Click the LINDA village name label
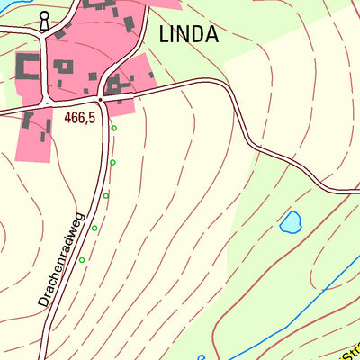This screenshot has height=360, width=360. click(188, 35)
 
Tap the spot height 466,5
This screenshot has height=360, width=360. click(79, 118)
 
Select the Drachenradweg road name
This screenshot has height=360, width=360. click(61, 260)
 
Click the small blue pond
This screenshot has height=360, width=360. click(290, 221)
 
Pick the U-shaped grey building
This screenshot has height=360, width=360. click(27, 67)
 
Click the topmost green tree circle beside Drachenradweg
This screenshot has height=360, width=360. click(113, 129)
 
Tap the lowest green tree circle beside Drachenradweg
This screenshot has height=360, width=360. click(82, 260)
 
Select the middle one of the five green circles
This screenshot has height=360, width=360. click(106, 195)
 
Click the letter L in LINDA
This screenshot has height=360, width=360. click(164, 35)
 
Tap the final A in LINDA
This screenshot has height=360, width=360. click(211, 35)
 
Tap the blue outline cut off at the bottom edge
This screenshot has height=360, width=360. click(201, 356)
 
